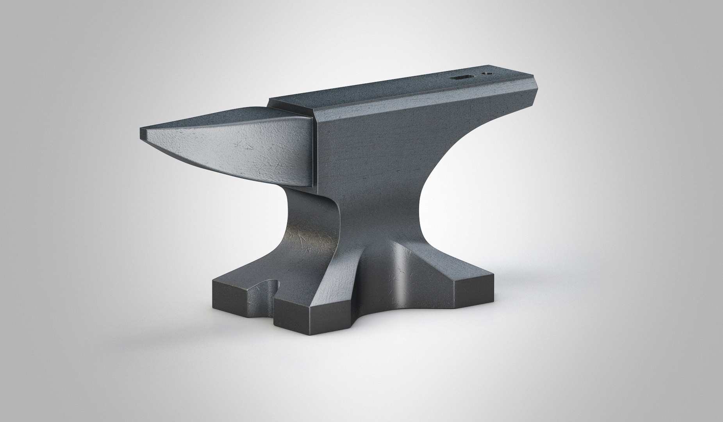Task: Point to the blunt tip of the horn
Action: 141,134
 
